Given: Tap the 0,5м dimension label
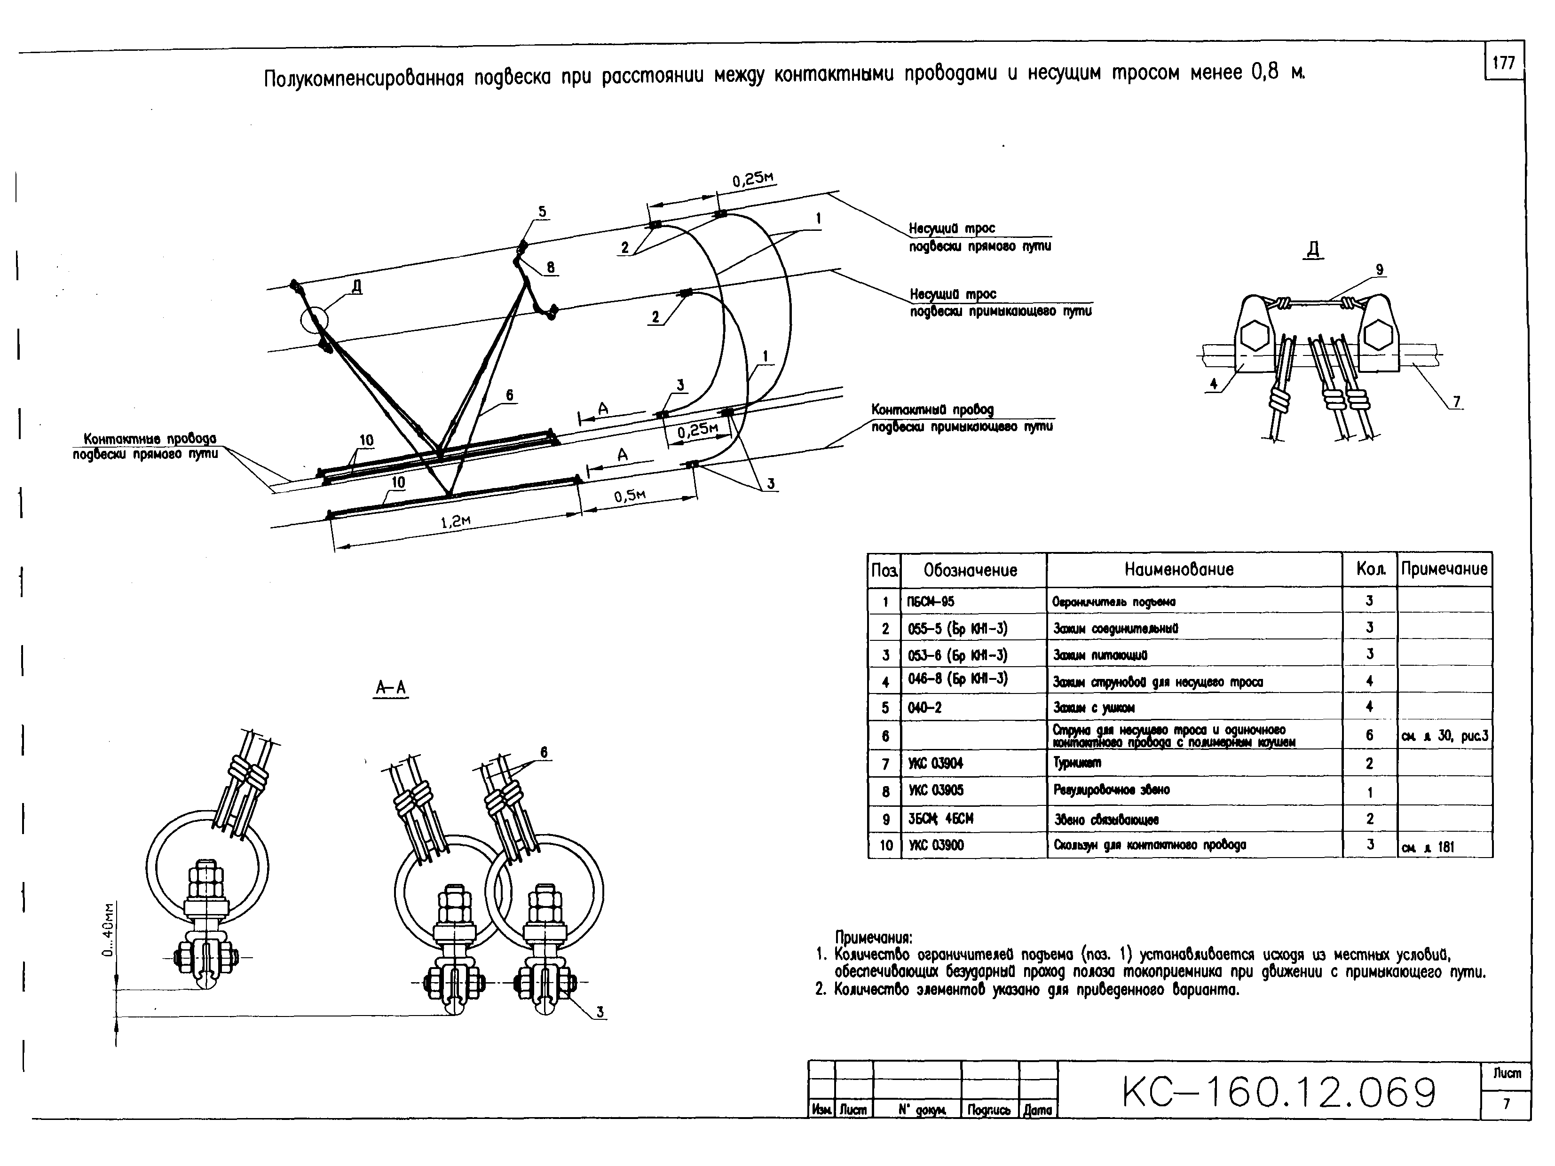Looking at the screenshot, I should pyautogui.click(x=630, y=496).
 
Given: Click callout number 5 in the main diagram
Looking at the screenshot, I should pyautogui.click(x=542, y=212).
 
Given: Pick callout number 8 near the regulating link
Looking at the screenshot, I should pyautogui.click(x=551, y=267).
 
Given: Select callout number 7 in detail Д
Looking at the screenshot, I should pyautogui.click(x=1457, y=402).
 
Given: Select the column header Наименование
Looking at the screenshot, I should pyautogui.click(x=1179, y=569).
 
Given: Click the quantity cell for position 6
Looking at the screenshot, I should pyautogui.click(x=1369, y=735).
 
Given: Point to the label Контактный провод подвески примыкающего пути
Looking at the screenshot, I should pyautogui.click(x=962, y=418).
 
